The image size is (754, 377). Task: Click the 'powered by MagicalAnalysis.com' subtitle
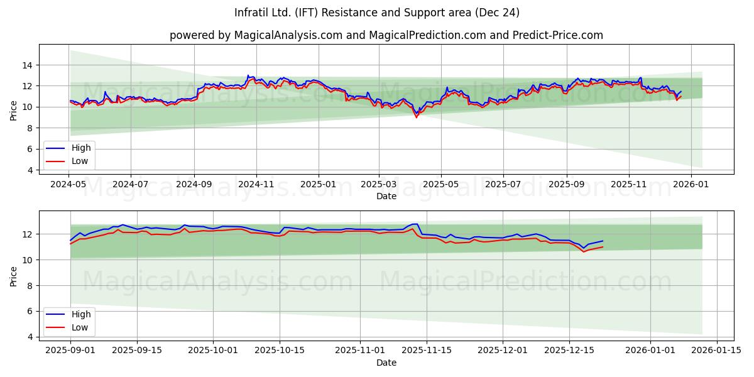click(386, 35)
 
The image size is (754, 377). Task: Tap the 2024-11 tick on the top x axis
click(256, 185)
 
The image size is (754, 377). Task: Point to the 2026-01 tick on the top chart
click(691, 185)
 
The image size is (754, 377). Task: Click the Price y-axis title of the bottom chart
click(14, 276)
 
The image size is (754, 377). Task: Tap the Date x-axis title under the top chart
click(386, 196)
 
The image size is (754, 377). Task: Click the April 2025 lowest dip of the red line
click(416, 117)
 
